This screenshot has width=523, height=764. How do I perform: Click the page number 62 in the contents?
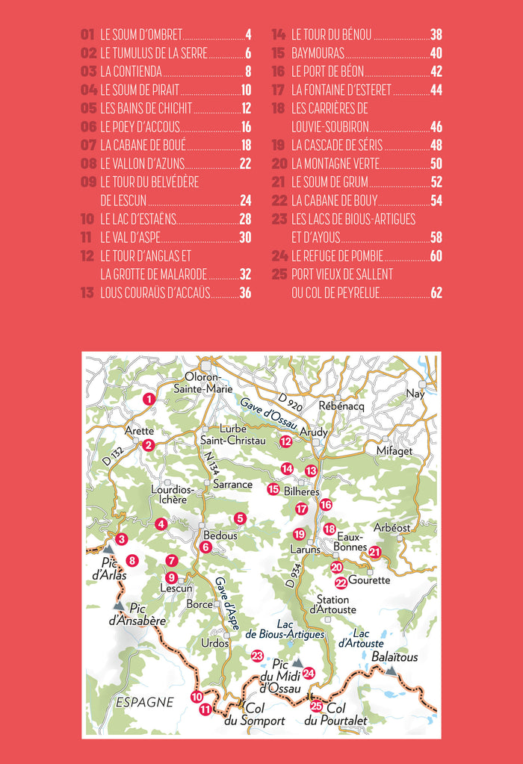[x=436, y=293]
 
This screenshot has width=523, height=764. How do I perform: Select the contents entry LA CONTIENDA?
[x=131, y=72]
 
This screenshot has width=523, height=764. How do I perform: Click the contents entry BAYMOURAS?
[x=318, y=53]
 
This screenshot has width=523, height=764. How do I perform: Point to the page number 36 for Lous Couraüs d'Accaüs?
[x=245, y=293]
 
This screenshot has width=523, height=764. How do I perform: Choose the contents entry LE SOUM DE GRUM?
[x=330, y=181]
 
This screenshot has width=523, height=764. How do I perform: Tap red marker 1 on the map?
[x=149, y=400]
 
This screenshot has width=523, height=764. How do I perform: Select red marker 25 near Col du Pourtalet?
[x=316, y=706]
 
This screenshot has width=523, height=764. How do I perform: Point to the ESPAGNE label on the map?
[x=145, y=702]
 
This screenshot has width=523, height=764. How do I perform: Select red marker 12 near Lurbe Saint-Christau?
[x=285, y=441]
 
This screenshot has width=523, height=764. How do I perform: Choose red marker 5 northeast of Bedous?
[x=240, y=518]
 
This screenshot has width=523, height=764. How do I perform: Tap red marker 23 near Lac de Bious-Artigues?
[x=257, y=656]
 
